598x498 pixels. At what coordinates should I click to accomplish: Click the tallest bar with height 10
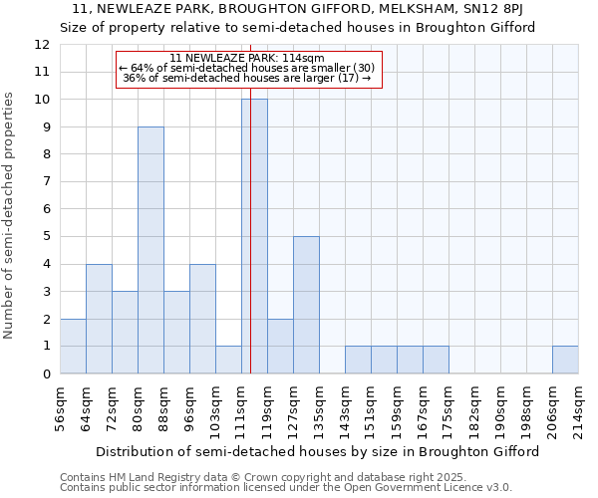point(254,236)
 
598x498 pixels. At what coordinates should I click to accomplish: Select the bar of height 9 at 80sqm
point(150,250)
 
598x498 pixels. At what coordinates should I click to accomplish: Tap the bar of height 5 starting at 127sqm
point(306,305)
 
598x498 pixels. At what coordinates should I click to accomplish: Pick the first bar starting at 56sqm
point(73,347)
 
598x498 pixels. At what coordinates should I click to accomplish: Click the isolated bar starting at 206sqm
point(565,360)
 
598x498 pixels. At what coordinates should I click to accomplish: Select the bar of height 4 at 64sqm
point(99,319)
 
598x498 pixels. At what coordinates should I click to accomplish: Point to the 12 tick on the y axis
point(43,45)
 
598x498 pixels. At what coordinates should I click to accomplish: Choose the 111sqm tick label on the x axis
point(242,406)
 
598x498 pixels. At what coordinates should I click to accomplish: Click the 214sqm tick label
point(579,406)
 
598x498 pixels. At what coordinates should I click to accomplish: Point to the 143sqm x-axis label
point(346,406)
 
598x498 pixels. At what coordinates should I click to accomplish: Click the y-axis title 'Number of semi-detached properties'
point(9,215)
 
